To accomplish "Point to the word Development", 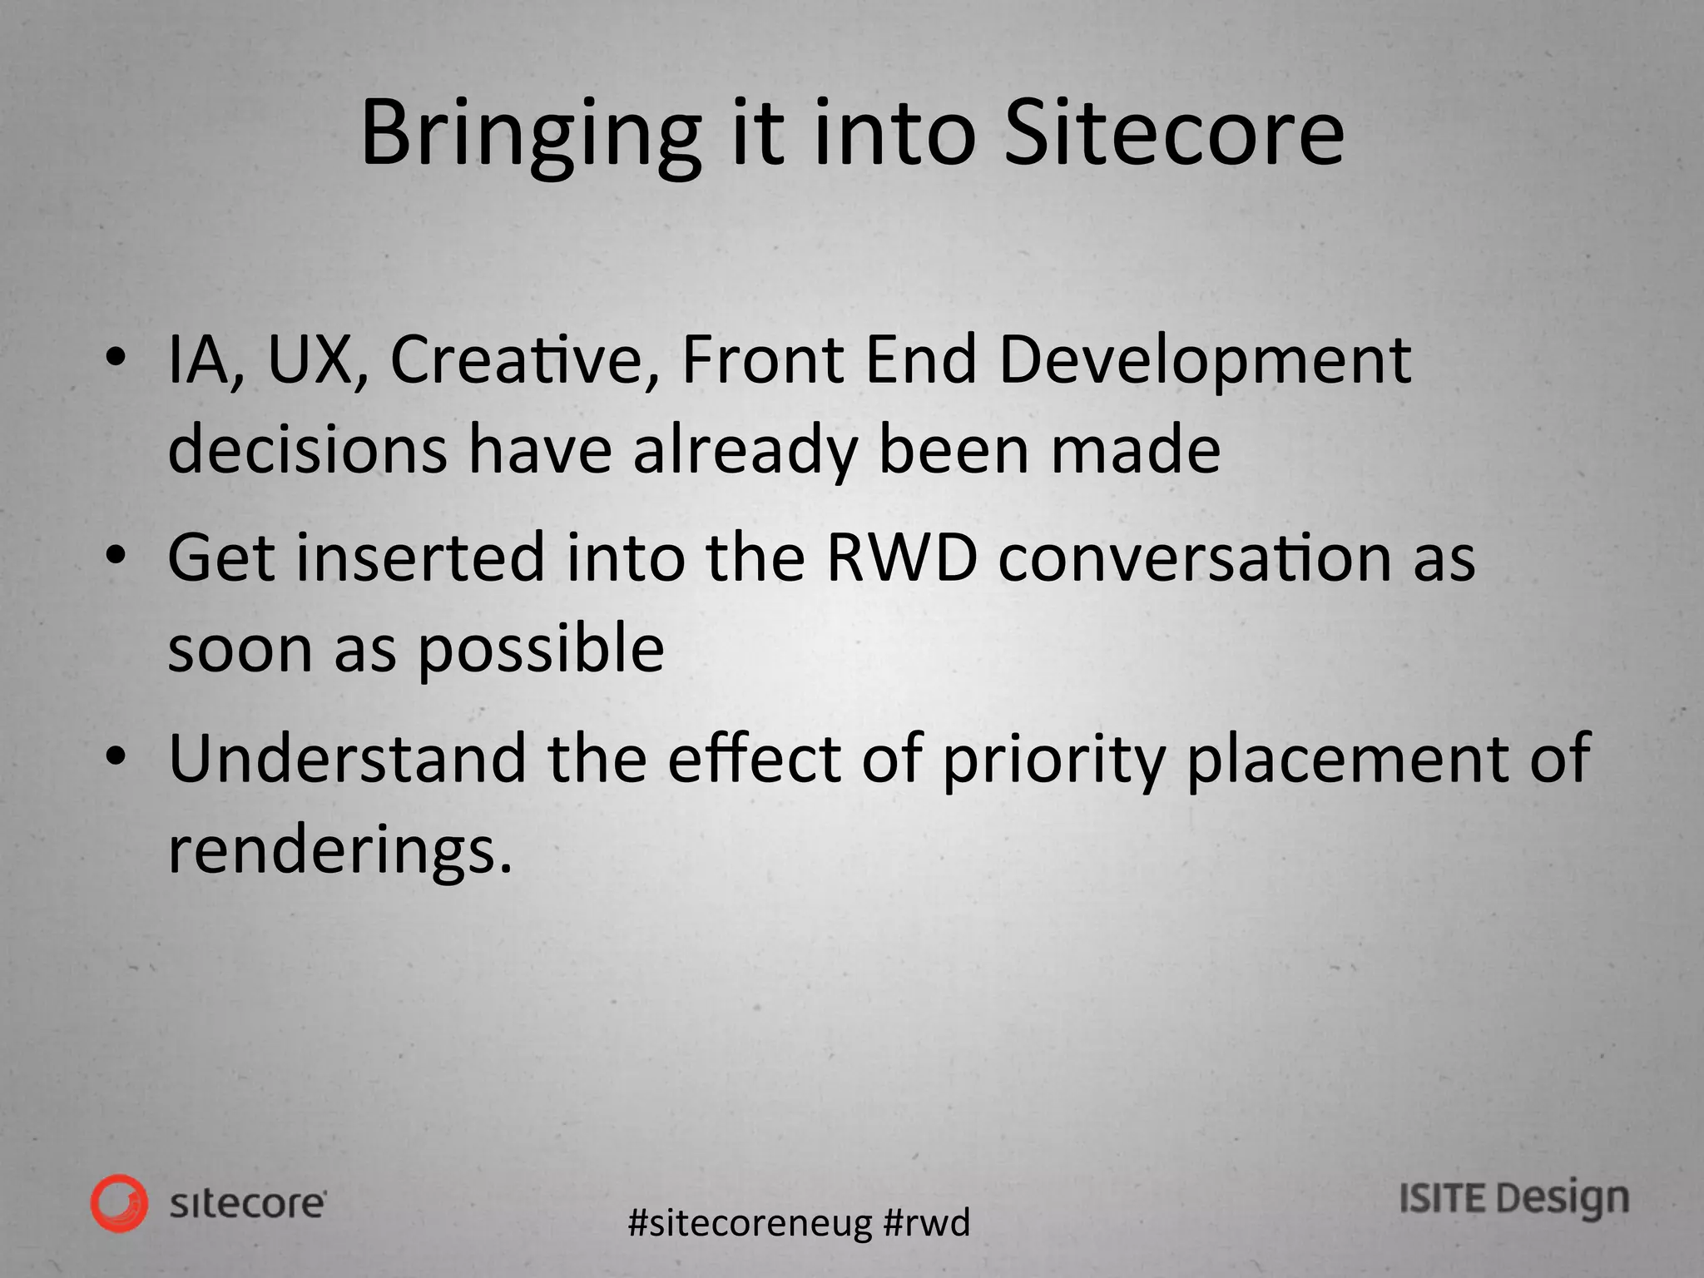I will pos(1204,363).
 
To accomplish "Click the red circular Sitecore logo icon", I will pos(120,1203).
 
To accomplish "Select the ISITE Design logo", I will pos(1513,1200).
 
